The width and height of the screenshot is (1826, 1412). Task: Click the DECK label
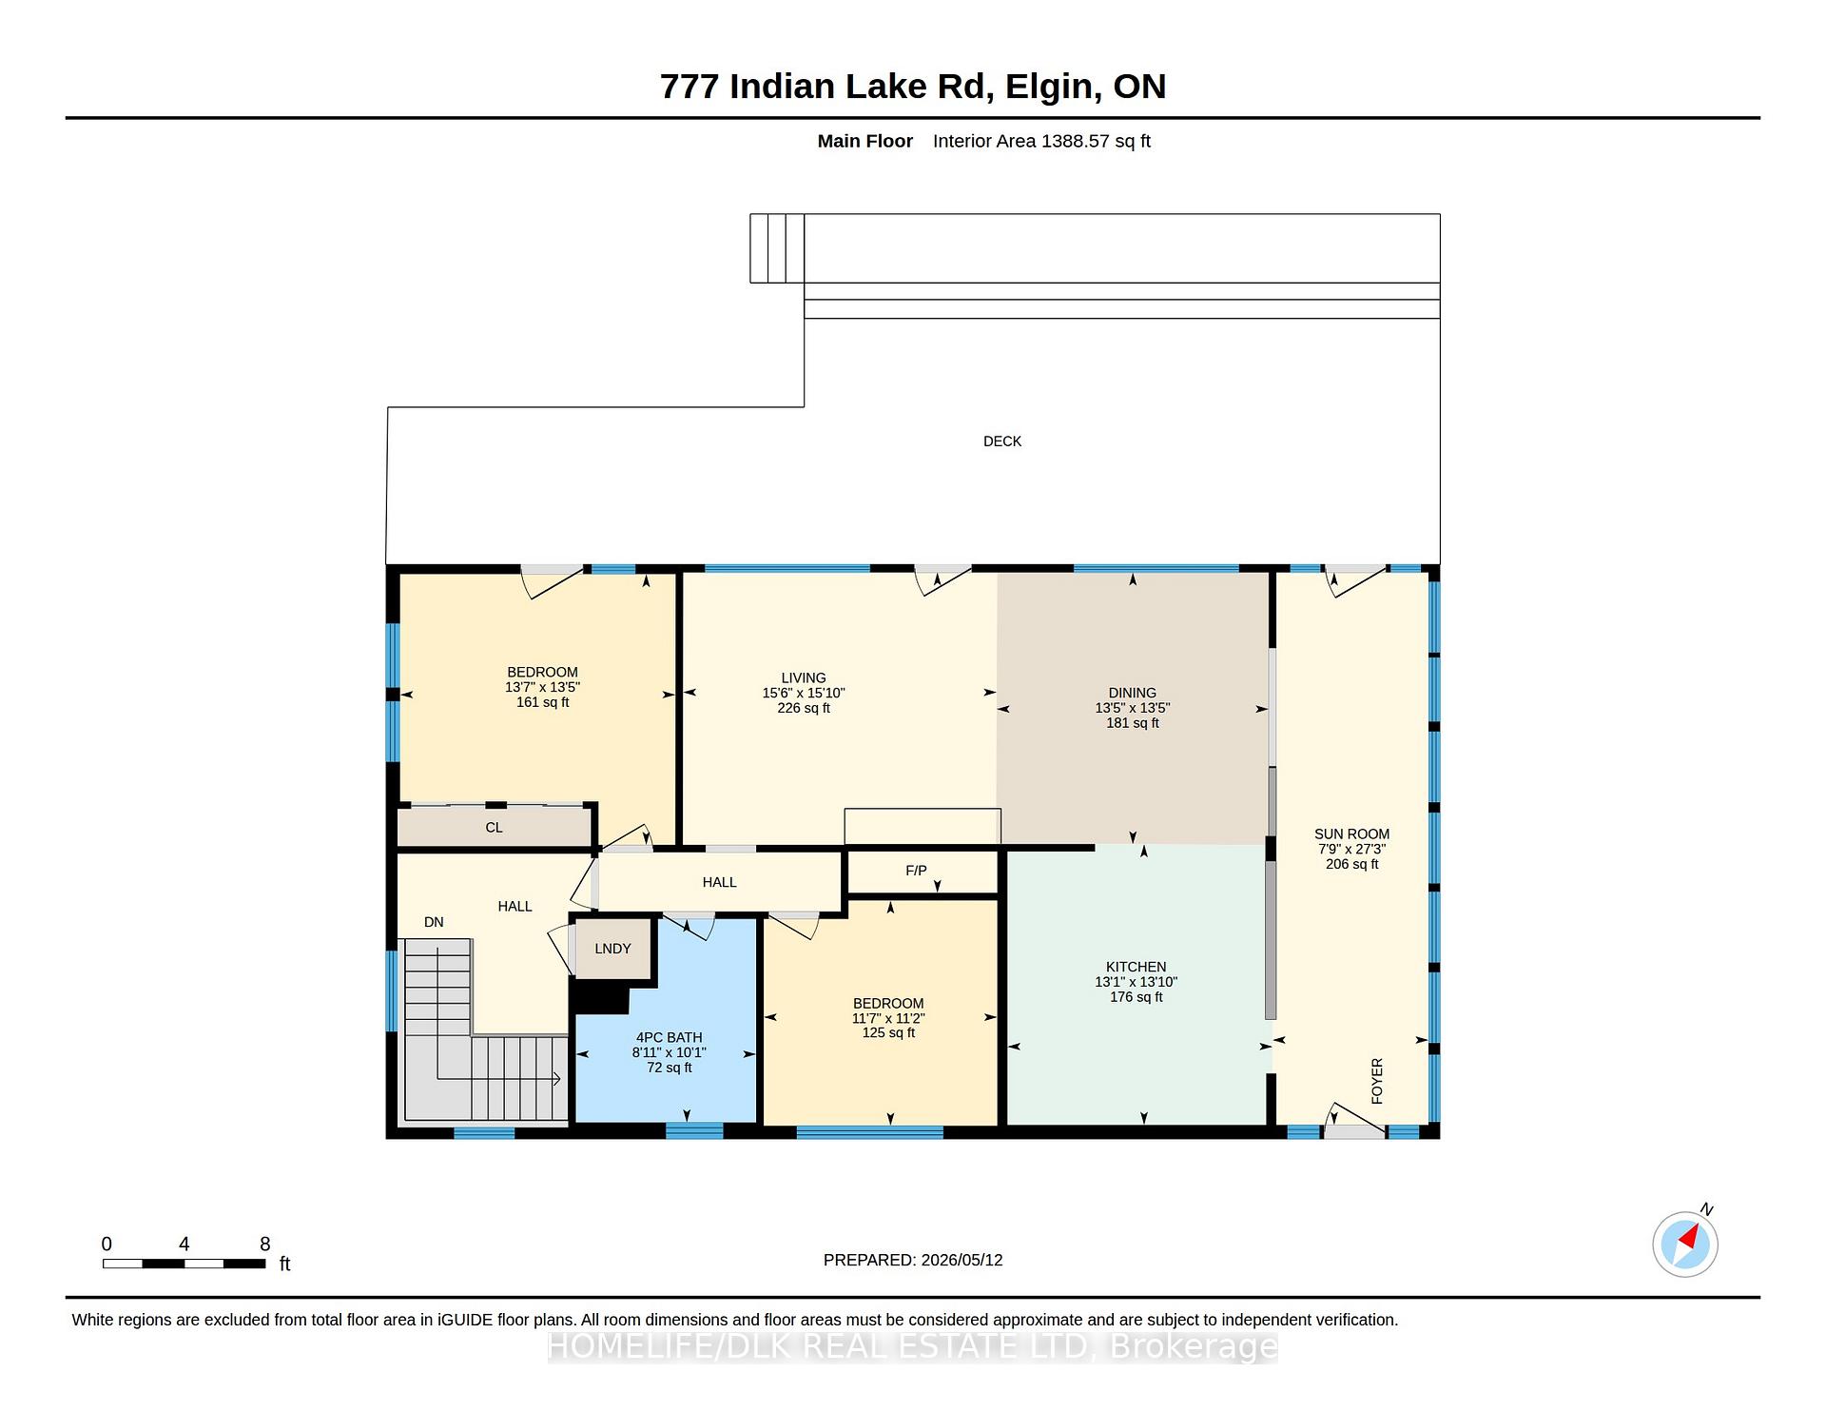(1002, 441)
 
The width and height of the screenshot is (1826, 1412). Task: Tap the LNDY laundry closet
(613, 949)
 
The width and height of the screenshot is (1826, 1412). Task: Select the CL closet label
(494, 828)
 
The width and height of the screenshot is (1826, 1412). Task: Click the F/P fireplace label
(916, 871)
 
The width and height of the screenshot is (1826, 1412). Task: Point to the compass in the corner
(1685, 1243)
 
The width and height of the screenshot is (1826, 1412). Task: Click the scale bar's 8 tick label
(265, 1245)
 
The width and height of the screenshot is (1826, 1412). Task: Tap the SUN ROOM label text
(1351, 834)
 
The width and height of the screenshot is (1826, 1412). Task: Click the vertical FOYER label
(1376, 1081)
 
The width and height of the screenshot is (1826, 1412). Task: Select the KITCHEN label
(1136, 967)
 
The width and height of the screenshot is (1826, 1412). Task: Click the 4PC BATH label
(670, 1038)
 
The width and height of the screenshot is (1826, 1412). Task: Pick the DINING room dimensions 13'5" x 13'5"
(1132, 708)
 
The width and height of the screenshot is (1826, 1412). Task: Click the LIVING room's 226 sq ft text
(804, 708)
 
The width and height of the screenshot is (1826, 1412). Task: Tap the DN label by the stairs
(434, 922)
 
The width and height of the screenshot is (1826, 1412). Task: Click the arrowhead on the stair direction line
(556, 1079)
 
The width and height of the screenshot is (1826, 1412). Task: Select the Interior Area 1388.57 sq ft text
(1041, 141)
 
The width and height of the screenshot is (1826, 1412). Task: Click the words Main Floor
(864, 141)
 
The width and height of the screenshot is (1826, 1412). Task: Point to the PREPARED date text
(913, 1260)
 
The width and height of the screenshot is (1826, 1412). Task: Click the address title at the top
(913, 87)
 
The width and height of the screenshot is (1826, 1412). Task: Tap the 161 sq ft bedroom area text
(542, 702)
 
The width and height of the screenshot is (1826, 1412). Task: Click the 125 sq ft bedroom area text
(888, 1032)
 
